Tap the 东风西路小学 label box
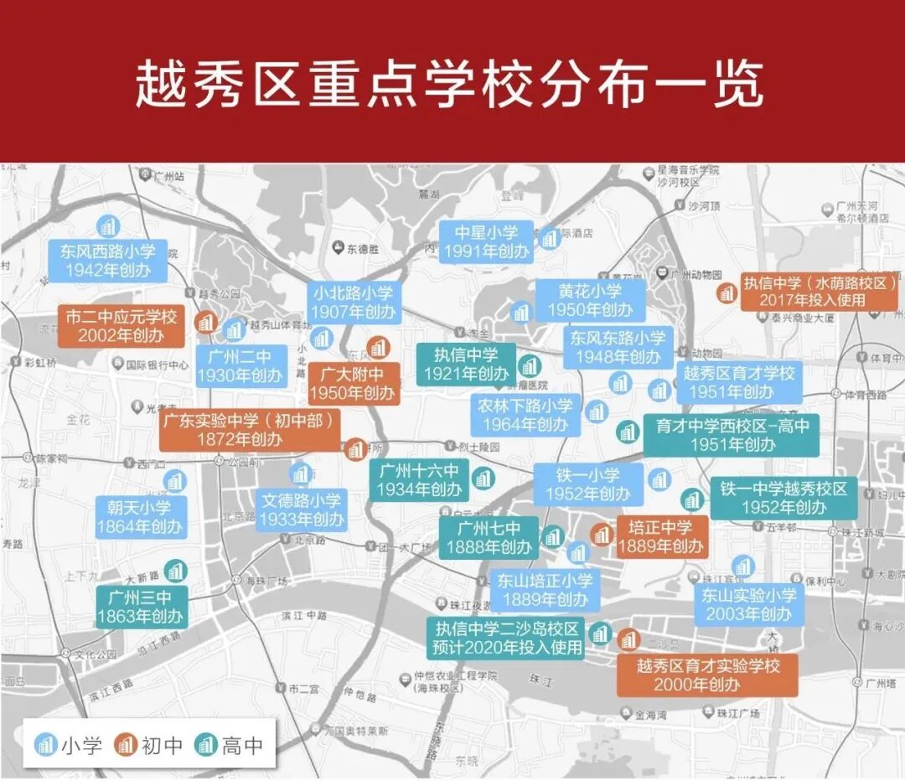tap(107, 261)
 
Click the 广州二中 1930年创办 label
tap(240, 366)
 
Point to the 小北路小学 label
tap(353, 302)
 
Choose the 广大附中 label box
tap(352, 384)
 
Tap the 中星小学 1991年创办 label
tap(487, 241)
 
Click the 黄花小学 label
tap(591, 300)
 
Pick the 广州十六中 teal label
tap(420, 479)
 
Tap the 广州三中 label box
tap(139, 608)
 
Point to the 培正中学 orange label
tap(661, 537)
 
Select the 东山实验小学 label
tap(749, 604)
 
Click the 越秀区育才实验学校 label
tap(708, 675)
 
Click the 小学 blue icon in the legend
tap(45, 743)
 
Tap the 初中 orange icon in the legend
tap(126, 743)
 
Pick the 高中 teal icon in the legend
tap(205, 743)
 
